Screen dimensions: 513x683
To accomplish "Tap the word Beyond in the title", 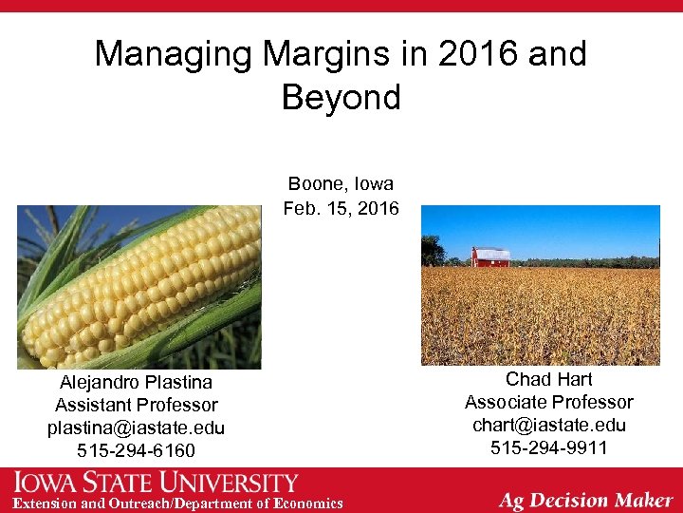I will click(341, 97).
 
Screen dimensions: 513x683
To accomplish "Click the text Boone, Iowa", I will click(341, 183).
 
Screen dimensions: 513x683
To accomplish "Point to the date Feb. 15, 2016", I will click(341, 208).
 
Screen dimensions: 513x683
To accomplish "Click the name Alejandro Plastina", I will click(137, 383).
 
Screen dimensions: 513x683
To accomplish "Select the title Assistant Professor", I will click(137, 406).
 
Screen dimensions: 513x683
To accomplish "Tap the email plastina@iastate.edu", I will click(137, 427).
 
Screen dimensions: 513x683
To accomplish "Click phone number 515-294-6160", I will click(137, 450).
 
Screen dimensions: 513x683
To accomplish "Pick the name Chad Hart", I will click(548, 380).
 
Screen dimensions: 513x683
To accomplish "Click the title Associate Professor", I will click(548, 403).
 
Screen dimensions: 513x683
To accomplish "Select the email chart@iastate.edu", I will click(548, 425).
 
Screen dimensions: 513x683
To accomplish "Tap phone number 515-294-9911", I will click(548, 447).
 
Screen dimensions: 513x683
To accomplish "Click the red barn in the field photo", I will click(490, 256).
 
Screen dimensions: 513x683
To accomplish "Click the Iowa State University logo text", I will click(156, 482).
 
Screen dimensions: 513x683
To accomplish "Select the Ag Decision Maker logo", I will click(586, 499).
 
